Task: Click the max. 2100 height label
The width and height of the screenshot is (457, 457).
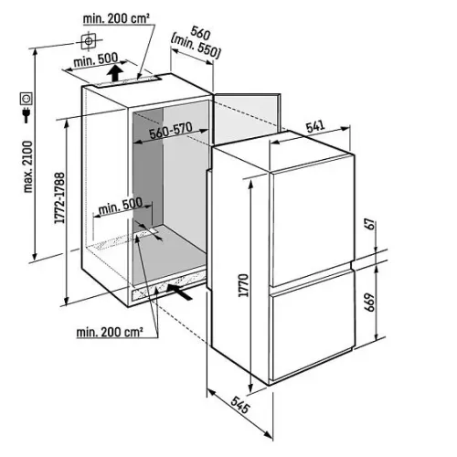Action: pyautogui.click(x=28, y=166)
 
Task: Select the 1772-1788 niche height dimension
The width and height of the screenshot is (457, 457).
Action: pyautogui.click(x=59, y=197)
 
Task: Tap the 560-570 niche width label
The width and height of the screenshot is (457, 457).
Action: pyautogui.click(x=170, y=131)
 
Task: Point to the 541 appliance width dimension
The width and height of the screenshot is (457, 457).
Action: pyautogui.click(x=315, y=126)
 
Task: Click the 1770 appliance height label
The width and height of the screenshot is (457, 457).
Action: pyautogui.click(x=244, y=285)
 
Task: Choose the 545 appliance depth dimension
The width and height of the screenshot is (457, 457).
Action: pyautogui.click(x=240, y=405)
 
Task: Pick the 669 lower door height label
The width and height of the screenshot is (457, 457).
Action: pyautogui.click(x=370, y=303)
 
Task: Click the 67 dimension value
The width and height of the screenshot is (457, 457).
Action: pyautogui.click(x=371, y=224)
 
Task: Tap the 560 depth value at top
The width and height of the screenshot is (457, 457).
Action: pyautogui.click(x=200, y=34)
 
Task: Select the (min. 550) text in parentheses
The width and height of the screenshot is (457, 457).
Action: pyautogui.click(x=196, y=47)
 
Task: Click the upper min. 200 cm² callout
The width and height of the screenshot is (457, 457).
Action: pyautogui.click(x=116, y=19)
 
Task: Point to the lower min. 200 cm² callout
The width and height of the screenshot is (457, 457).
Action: pyautogui.click(x=110, y=332)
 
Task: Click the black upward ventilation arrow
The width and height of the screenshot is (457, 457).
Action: pyautogui.click(x=115, y=72)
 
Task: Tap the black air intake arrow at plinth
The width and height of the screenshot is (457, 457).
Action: pyautogui.click(x=179, y=292)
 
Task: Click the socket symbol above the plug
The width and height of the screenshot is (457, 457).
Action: pyautogui.click(x=27, y=99)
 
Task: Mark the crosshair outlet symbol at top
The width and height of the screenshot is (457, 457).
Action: pyautogui.click(x=89, y=41)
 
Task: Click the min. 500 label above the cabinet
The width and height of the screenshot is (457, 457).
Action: pyautogui.click(x=96, y=60)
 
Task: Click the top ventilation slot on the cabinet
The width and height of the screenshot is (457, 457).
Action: pyautogui.click(x=128, y=80)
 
